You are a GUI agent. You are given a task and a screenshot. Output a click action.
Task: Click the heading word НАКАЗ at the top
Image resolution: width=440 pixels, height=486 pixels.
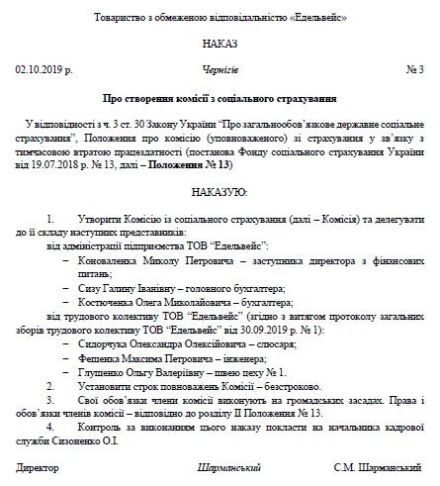pos(220,45)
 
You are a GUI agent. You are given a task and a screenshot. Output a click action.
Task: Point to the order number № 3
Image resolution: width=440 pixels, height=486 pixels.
pos(415,70)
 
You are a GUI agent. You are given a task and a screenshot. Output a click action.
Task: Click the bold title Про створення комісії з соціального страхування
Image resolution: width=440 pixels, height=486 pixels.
pos(220,99)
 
